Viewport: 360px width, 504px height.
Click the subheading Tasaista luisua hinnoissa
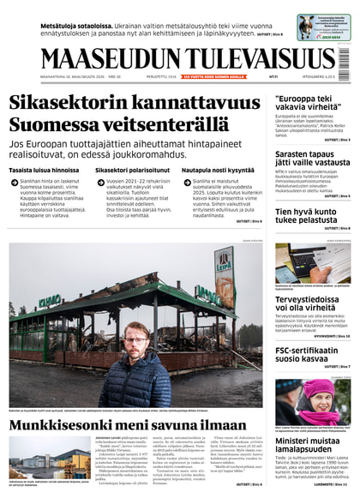(45, 171)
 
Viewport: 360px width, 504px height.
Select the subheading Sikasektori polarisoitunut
(133, 171)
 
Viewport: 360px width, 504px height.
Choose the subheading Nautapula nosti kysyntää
(218, 171)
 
